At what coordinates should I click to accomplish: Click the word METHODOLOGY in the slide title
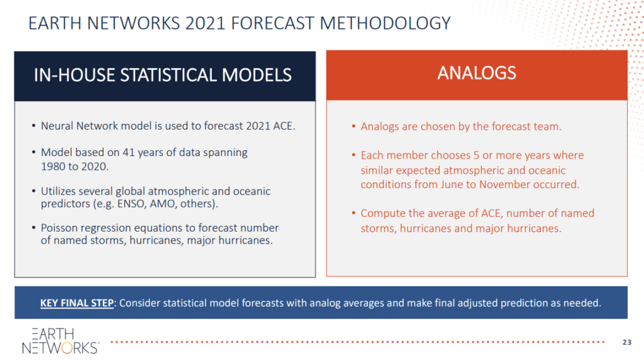(x=386, y=23)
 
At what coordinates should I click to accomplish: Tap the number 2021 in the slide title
(x=205, y=23)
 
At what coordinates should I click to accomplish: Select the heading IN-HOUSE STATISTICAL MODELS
(x=163, y=75)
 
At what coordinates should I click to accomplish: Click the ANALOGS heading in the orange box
(x=477, y=73)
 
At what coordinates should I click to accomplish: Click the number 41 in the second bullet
(x=128, y=152)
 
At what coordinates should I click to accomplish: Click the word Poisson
(x=58, y=228)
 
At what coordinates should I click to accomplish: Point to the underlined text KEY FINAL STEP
(x=77, y=303)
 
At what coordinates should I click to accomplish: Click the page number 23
(x=627, y=342)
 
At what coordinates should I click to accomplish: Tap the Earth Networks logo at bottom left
(x=60, y=340)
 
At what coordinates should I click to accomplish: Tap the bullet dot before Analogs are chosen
(x=353, y=126)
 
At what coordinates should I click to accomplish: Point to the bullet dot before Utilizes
(x=34, y=191)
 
